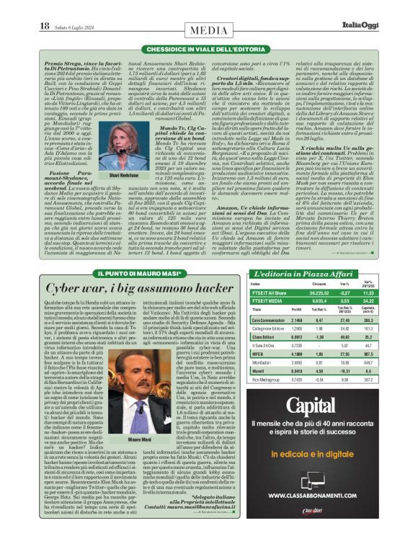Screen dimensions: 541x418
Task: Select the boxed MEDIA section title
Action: [209, 30]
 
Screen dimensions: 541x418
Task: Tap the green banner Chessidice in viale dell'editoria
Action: [209, 48]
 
